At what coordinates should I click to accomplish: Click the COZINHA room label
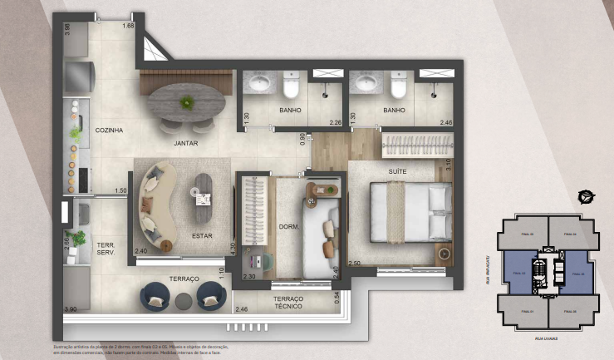tap(110, 131)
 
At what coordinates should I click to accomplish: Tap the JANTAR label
tap(185, 143)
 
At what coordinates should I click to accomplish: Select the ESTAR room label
tap(202, 235)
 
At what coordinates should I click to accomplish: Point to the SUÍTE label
tap(398, 171)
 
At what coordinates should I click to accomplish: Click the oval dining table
tap(187, 102)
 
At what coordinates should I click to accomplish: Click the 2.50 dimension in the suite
tap(354, 264)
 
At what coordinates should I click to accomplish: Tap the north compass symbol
tap(586, 197)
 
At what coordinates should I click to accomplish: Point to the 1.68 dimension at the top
tap(128, 26)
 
